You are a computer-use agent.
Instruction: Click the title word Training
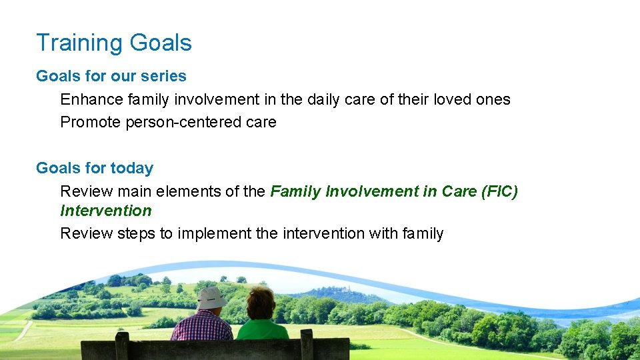[79, 43]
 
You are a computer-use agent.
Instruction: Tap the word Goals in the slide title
[161, 43]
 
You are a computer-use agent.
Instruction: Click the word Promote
[90, 122]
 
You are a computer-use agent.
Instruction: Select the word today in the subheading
[132, 168]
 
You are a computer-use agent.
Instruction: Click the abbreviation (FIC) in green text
[499, 191]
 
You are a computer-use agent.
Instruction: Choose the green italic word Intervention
[106, 211]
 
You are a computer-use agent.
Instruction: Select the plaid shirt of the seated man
[202, 326]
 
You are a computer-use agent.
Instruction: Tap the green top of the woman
[262, 329]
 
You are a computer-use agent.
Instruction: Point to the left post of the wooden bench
[121, 346]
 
